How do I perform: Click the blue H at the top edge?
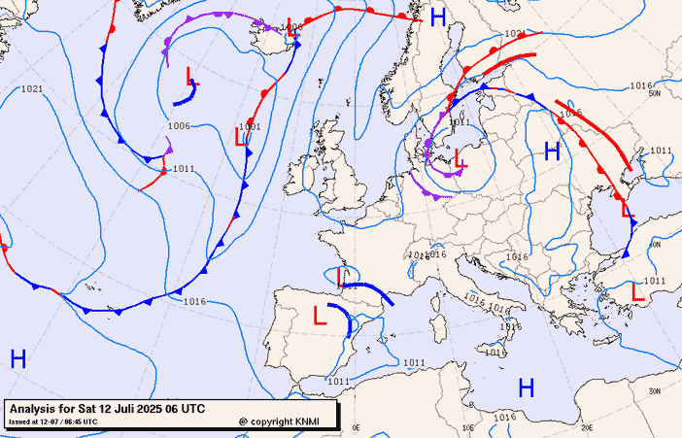point(438,17)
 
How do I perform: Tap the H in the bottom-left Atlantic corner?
point(17,358)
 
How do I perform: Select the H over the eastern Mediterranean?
point(527,388)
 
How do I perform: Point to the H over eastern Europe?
point(553,151)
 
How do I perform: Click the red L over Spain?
point(320,315)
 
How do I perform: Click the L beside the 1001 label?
point(240,138)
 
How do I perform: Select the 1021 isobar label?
point(31,89)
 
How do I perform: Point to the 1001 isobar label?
point(250,126)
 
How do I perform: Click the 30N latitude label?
point(656,390)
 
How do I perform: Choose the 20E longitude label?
point(587,426)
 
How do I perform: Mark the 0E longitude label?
point(356,426)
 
